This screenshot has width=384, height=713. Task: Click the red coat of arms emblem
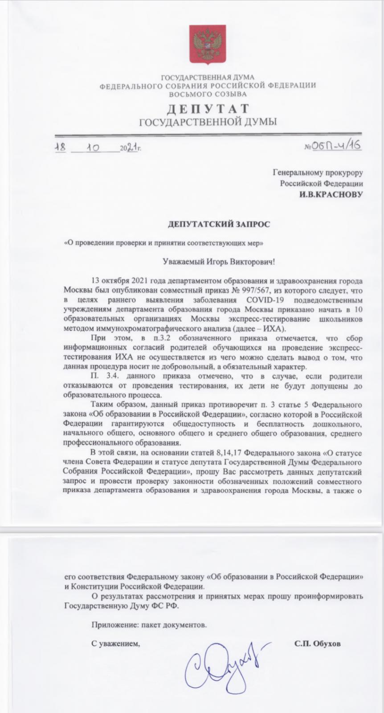[207, 44]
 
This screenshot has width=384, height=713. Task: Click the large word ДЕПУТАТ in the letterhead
[208, 109]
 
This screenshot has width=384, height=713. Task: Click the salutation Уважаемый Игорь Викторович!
[217, 262]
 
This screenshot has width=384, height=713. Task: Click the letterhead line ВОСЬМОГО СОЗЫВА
[208, 94]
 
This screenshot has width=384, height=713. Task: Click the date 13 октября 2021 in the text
[118, 281]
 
